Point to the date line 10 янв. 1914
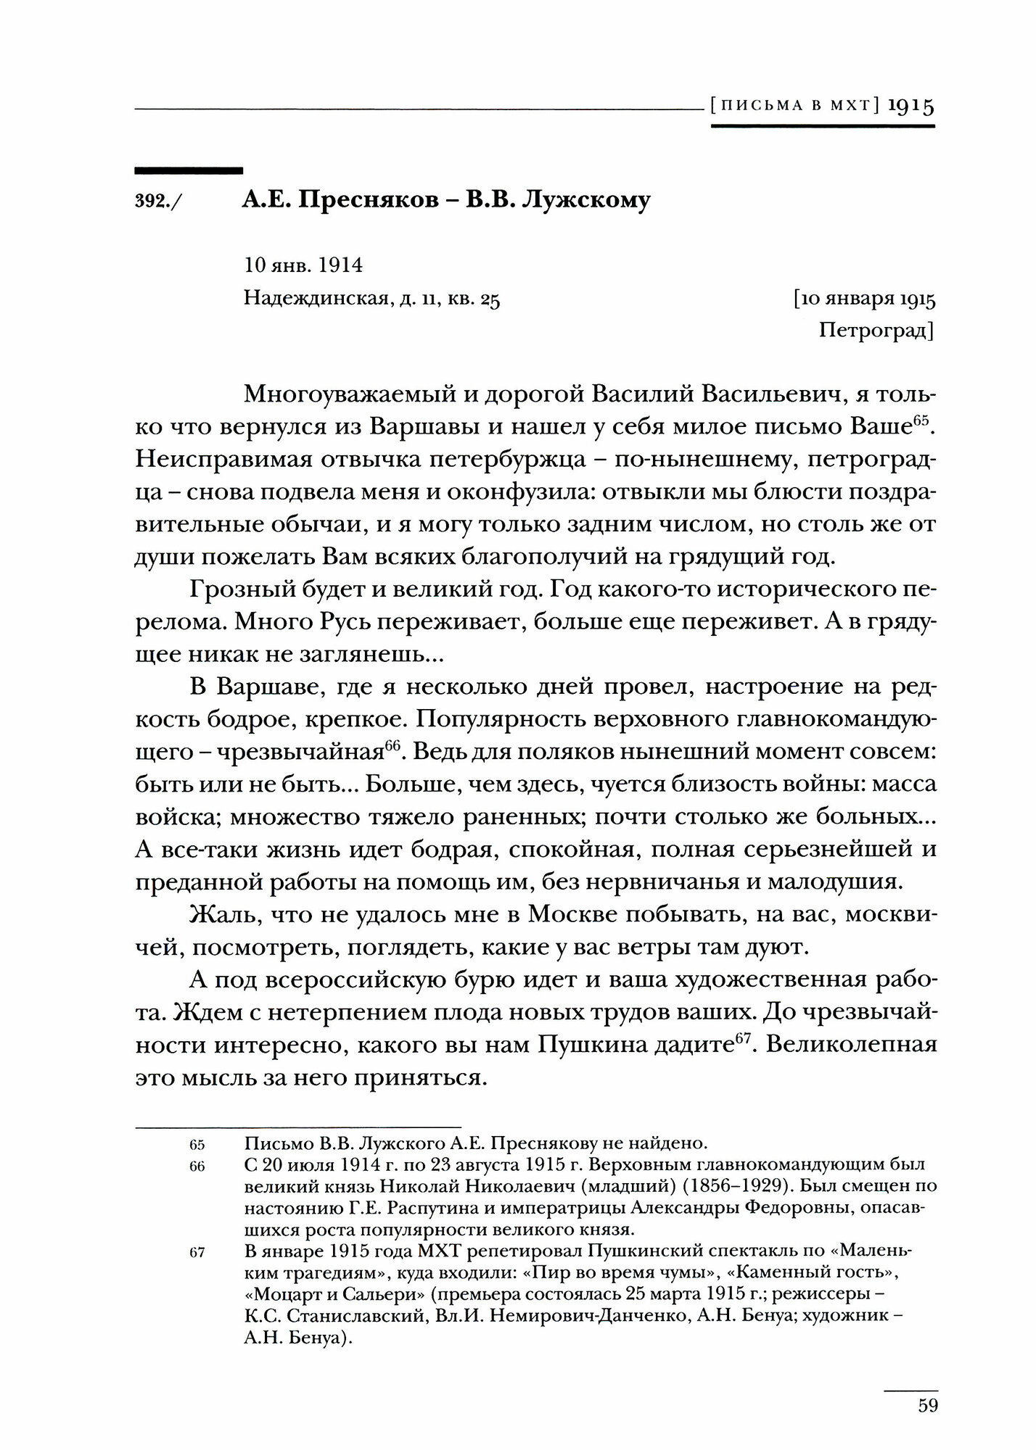point(303,265)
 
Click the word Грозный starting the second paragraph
point(234,590)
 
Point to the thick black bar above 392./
point(189,171)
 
